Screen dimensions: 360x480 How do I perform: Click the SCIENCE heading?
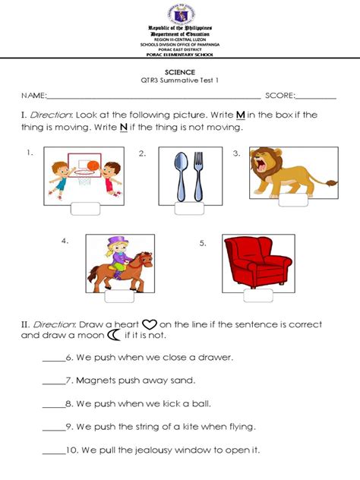179,71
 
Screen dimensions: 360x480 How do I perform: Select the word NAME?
33,96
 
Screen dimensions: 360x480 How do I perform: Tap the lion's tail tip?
332,183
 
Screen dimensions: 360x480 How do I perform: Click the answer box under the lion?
293,201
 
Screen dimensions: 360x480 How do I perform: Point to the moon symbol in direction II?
114,334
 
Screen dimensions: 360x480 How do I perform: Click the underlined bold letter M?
240,115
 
